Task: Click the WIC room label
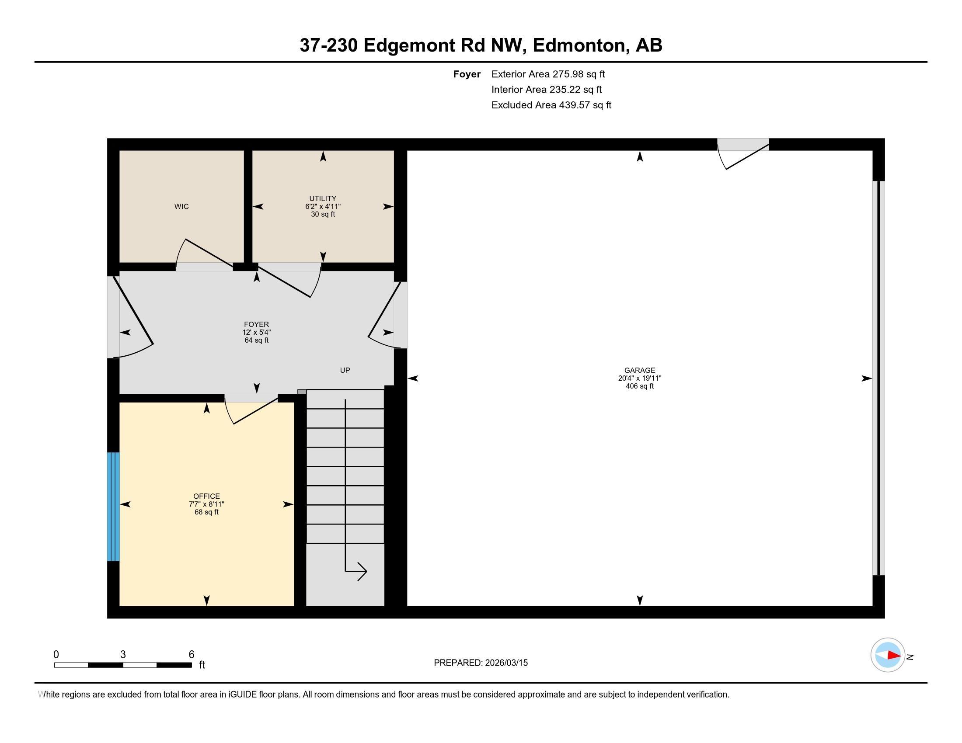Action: pos(181,206)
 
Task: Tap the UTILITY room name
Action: pos(322,198)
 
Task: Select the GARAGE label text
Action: pos(639,370)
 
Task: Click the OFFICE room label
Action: pos(206,496)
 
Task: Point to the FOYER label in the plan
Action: pos(256,324)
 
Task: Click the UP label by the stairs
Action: pos(345,370)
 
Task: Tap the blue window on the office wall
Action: pos(113,506)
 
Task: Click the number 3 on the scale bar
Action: pos(123,654)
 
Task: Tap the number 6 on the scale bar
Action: pos(191,654)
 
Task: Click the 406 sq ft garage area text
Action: pos(639,386)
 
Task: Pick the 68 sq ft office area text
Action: pos(206,512)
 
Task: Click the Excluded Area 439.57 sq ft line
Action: pos(551,105)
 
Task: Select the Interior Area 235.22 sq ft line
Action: pos(546,89)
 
